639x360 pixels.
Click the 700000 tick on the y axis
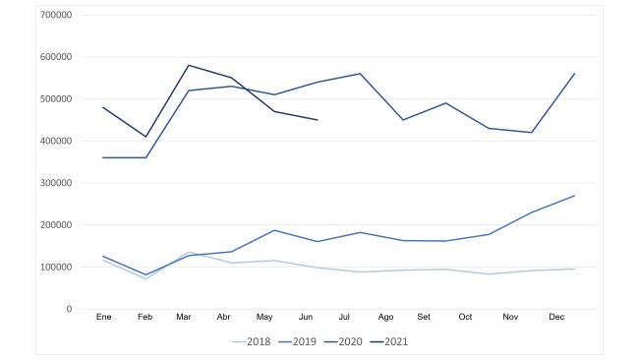[55, 15]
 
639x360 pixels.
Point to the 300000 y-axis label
[55, 183]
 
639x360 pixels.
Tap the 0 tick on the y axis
[68, 309]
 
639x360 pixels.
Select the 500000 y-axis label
[55, 99]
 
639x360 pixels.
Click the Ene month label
[103, 318]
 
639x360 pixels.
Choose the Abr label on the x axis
[223, 318]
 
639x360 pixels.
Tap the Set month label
[424, 318]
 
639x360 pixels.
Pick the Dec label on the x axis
[556, 318]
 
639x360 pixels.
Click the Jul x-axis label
[344, 318]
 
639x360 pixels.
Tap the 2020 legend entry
[348, 342]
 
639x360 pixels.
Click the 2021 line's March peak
[189, 65]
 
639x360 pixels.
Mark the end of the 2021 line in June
[318, 120]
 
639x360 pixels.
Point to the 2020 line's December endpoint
[574, 74]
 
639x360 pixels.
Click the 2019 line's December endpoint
[574, 196]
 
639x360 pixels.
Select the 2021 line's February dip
[145, 137]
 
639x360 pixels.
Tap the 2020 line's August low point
[403, 120]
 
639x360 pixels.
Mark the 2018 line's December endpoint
[574, 269]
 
